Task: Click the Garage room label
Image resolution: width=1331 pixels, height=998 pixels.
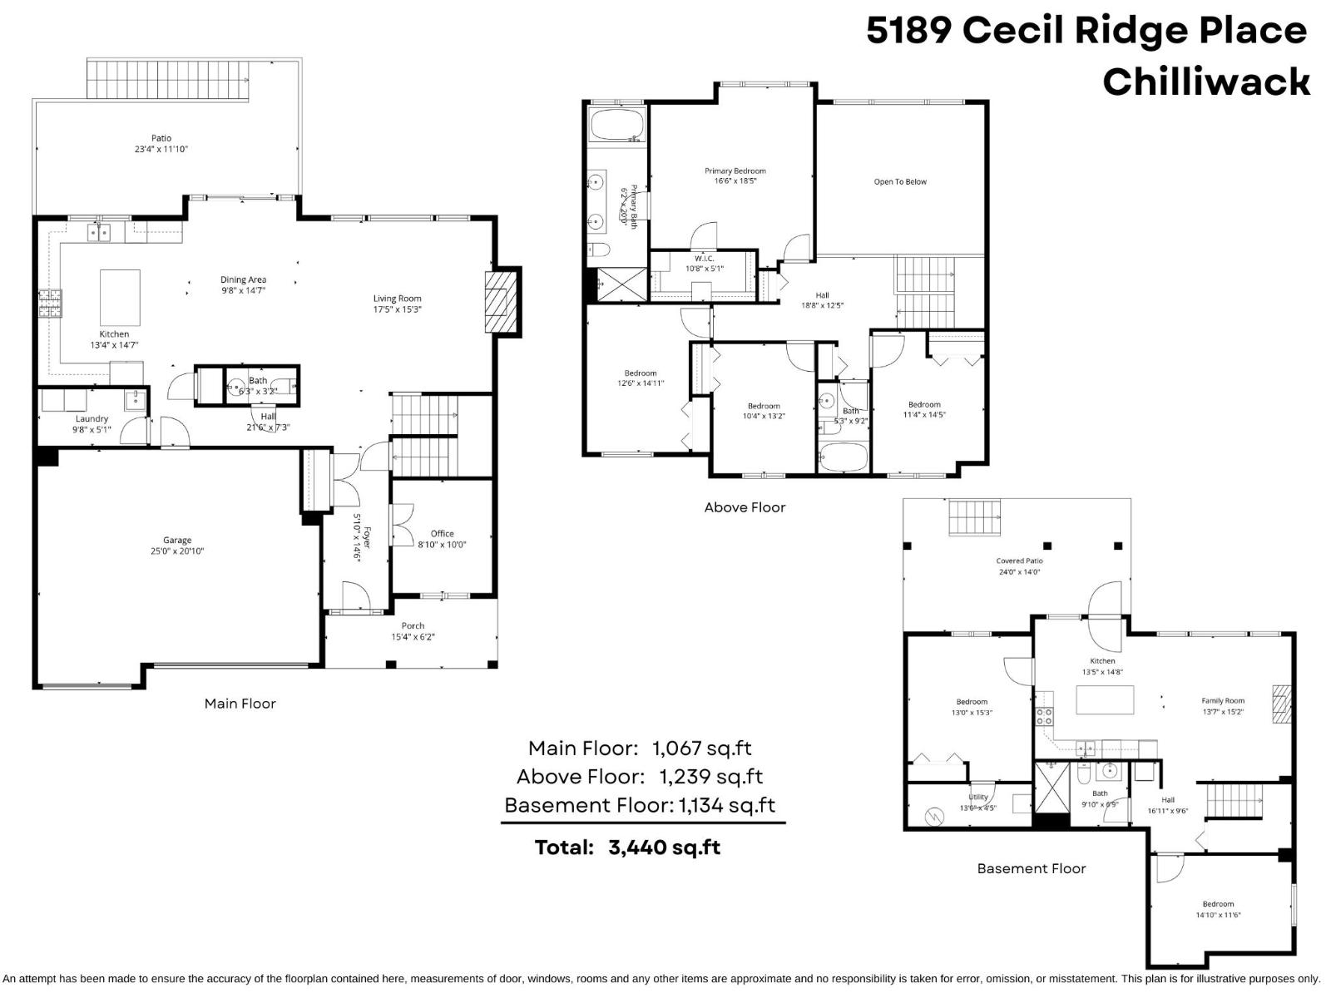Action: pyautogui.click(x=177, y=540)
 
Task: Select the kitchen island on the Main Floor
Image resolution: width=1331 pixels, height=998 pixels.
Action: pyautogui.click(x=120, y=292)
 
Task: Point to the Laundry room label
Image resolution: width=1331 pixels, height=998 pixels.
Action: pyautogui.click(x=92, y=419)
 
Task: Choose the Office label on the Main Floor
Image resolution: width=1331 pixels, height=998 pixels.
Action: pyautogui.click(x=443, y=534)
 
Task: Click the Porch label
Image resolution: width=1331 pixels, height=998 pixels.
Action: pyautogui.click(x=413, y=626)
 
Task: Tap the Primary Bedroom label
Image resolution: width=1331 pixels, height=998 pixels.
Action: pyautogui.click(x=735, y=171)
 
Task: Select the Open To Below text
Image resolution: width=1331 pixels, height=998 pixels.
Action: pyautogui.click(x=900, y=182)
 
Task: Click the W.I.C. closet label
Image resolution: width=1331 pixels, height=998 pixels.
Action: pyautogui.click(x=704, y=259)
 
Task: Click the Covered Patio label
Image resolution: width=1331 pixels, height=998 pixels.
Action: pyautogui.click(x=1019, y=561)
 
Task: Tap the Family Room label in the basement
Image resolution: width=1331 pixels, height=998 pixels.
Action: pyautogui.click(x=1223, y=701)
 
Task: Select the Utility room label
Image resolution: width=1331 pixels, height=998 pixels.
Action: pyautogui.click(x=978, y=798)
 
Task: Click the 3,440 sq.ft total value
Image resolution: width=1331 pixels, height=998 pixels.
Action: pyautogui.click(x=664, y=847)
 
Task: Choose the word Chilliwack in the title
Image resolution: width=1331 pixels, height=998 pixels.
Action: pyautogui.click(x=1206, y=82)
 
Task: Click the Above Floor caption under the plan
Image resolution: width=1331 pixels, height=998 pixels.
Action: pyautogui.click(x=745, y=507)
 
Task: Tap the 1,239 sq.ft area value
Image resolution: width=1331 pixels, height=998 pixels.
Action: pyautogui.click(x=711, y=777)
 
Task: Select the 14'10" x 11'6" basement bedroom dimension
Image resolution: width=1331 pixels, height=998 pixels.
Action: pyautogui.click(x=1218, y=915)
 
